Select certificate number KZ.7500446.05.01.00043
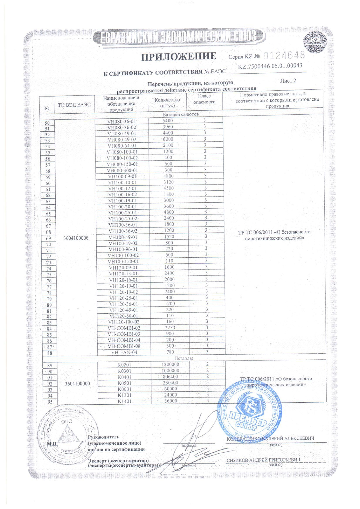tap(270, 66)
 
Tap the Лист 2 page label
tap(288, 81)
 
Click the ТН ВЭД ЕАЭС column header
tap(74, 105)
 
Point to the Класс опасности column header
tap(205, 99)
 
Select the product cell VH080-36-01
tap(122, 121)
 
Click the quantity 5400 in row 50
tap(168, 121)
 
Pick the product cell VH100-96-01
tap(123, 249)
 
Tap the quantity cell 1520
tap(169, 237)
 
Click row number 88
tap(50, 353)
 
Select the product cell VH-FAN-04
tap(124, 352)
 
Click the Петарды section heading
tap(183, 359)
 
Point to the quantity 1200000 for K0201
tap(170, 365)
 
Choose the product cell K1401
tap(124, 401)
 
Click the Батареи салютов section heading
tap(181, 114)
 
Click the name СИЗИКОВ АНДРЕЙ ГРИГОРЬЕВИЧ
tap(263, 460)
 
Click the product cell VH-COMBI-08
tap(124, 346)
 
